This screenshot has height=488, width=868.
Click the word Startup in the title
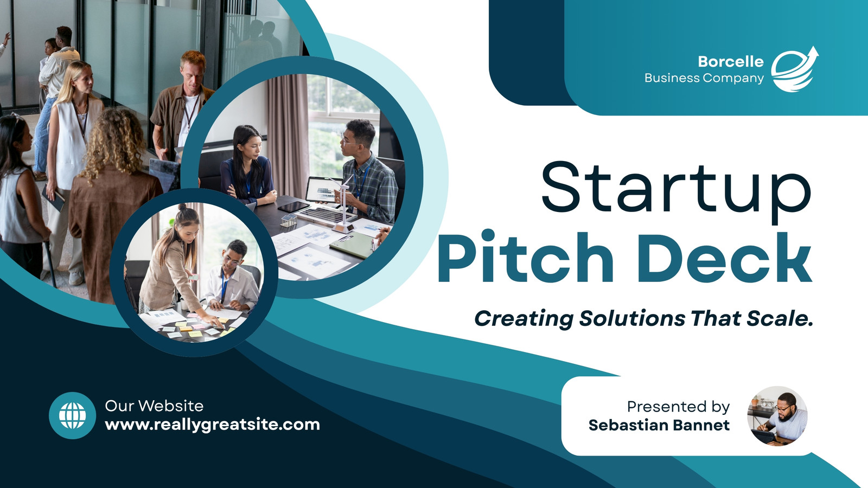[x=676, y=192]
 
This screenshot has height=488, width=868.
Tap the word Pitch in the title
[x=526, y=256]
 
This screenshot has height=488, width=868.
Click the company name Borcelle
[x=731, y=62]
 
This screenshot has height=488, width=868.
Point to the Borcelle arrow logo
[x=794, y=70]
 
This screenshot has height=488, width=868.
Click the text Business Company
[x=704, y=78]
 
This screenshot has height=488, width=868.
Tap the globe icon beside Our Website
[x=73, y=415]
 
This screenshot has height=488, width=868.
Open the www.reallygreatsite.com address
[x=212, y=425]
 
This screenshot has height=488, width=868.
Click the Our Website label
[x=154, y=406]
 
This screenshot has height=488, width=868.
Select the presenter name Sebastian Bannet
[x=659, y=425]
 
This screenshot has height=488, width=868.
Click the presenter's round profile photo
[x=777, y=416]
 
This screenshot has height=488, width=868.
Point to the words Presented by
[x=679, y=407]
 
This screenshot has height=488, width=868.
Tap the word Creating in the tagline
[x=524, y=319]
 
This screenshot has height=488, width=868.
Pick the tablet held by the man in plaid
[x=323, y=190]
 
